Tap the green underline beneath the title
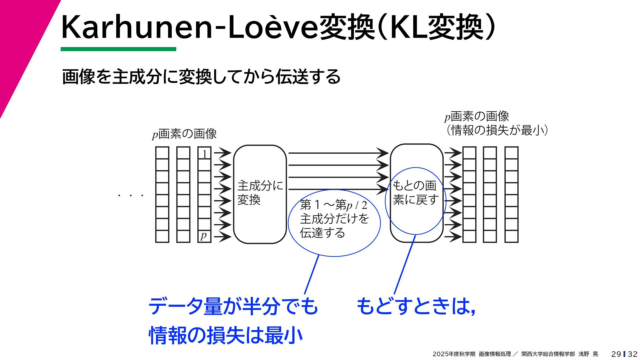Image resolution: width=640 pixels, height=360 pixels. point(118,49)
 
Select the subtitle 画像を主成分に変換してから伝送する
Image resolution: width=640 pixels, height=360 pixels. point(201,77)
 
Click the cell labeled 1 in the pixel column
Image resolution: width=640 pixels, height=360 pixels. point(204,153)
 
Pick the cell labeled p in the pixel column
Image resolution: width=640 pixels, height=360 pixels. point(204,236)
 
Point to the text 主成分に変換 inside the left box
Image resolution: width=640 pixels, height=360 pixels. point(260,193)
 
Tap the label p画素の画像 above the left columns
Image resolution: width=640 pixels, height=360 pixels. point(184,134)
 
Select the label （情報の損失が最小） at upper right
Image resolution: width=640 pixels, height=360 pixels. point(497,130)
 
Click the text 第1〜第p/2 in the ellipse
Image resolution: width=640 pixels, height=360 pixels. point(333,204)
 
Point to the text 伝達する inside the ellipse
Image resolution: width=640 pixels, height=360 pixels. point(322,233)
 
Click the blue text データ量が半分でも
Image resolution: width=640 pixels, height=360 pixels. point(233,306)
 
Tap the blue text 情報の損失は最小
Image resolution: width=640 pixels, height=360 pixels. point(226,335)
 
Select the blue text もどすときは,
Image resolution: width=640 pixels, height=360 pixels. point(416,306)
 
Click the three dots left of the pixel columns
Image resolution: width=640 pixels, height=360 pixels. point(131,195)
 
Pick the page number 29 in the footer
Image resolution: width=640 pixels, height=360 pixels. point(616,354)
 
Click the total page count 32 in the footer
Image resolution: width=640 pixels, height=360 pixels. point(632,354)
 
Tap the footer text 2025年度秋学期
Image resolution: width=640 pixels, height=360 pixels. point(454,354)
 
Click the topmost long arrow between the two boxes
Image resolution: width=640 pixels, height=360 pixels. point(337,153)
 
